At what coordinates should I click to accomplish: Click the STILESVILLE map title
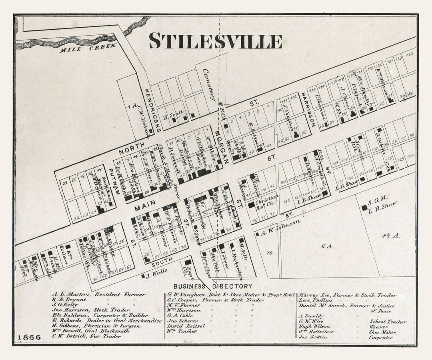pos(216,41)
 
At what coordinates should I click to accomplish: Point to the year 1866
pos(29,337)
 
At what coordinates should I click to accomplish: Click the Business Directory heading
pos(213,286)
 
